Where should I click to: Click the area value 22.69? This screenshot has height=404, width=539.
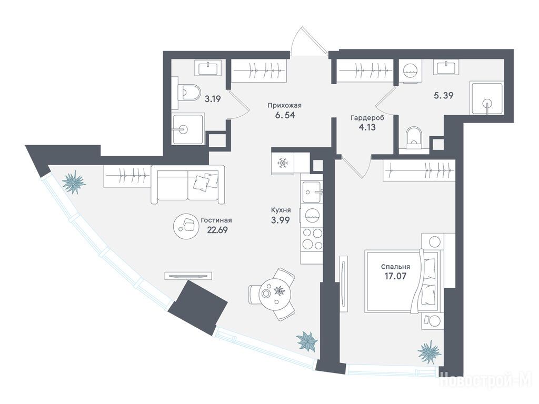click(217, 229)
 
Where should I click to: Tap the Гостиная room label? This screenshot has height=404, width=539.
click(217, 220)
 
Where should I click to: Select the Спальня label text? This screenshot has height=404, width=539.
click(395, 266)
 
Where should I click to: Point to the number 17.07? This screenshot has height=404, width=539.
click(395, 276)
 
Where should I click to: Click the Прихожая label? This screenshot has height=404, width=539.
click(281, 105)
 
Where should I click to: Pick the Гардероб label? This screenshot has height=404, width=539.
click(367, 118)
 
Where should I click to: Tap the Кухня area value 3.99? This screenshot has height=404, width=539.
click(280, 220)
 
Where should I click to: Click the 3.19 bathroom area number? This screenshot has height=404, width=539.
click(213, 99)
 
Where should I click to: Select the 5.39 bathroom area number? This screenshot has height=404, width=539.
click(443, 96)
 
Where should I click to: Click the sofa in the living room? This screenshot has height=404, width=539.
click(188, 185)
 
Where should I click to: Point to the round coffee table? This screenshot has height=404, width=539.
click(186, 225)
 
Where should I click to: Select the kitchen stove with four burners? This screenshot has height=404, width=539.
click(312, 239)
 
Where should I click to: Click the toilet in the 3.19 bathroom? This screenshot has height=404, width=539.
click(188, 92)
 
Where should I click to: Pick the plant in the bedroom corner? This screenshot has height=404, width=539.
click(429, 351)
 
